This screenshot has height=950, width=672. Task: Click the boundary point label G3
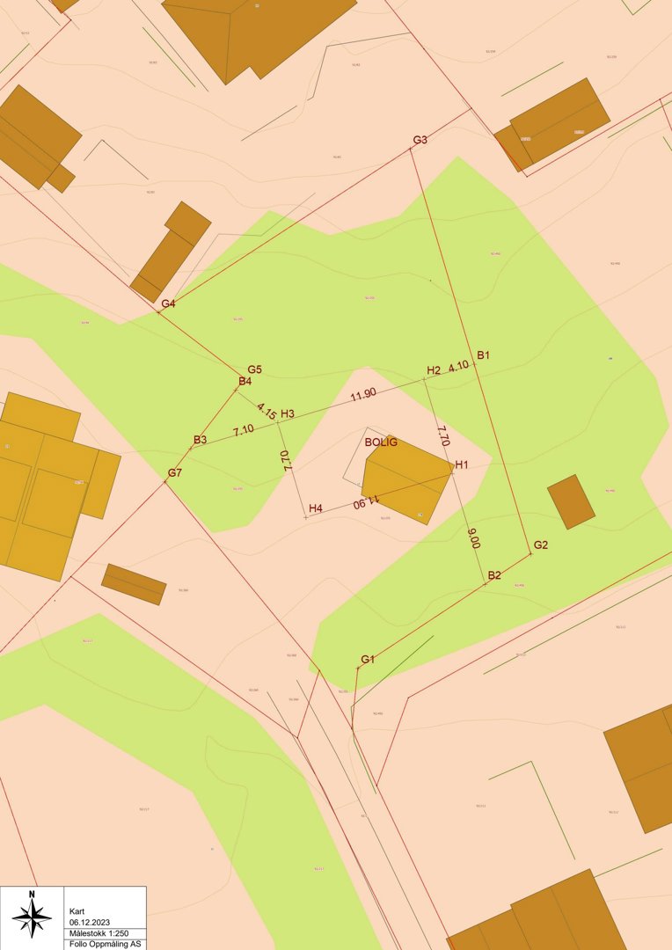click(420, 140)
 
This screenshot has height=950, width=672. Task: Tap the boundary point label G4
click(168, 303)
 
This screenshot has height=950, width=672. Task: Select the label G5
click(255, 369)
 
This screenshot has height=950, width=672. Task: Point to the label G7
click(175, 473)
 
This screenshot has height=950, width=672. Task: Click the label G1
click(368, 660)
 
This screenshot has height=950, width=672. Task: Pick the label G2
click(540, 545)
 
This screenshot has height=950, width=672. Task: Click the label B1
click(483, 355)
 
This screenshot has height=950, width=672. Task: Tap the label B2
click(494, 575)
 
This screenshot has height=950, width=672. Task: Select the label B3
click(200, 440)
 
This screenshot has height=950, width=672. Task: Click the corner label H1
click(462, 464)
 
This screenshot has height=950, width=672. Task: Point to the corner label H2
click(433, 370)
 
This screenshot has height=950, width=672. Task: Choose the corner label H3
click(288, 413)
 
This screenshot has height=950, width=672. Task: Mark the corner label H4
click(316, 508)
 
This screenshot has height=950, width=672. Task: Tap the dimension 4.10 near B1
click(458, 366)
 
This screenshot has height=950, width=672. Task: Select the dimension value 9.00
click(475, 538)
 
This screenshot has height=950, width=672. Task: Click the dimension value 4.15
click(267, 411)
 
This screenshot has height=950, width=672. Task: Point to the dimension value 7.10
click(244, 430)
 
